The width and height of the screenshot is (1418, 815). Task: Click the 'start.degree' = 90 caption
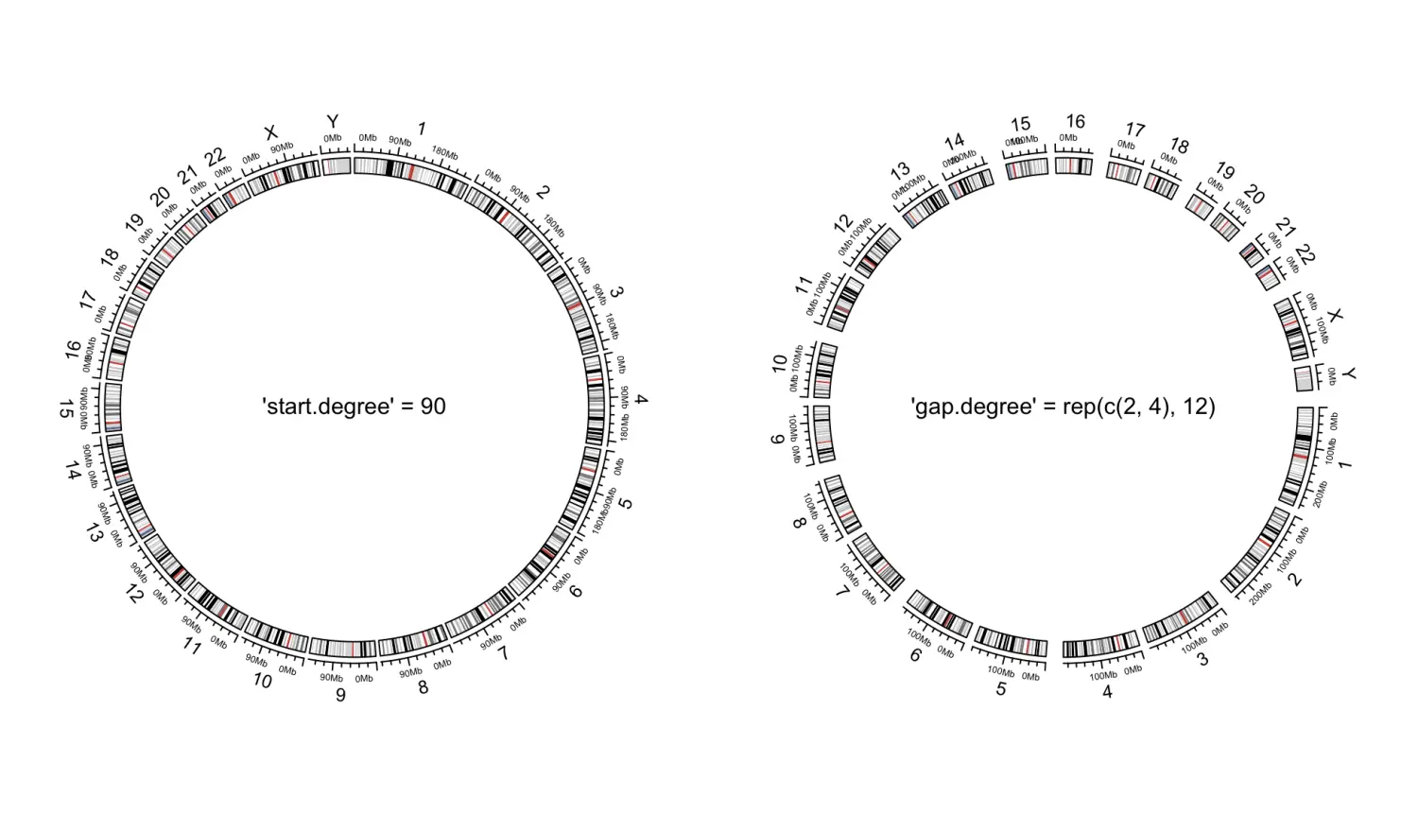(354, 407)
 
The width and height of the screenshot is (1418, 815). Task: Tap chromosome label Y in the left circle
(332, 122)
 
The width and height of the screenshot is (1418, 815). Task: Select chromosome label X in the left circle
(270, 132)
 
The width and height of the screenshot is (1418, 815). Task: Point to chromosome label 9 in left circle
(340, 695)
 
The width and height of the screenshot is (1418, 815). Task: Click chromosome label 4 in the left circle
(641, 401)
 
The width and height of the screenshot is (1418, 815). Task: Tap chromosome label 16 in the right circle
(1075, 122)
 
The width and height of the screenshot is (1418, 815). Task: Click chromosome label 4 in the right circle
(1107, 692)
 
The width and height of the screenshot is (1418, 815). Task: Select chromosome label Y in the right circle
(1349, 375)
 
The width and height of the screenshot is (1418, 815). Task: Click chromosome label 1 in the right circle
(1345, 465)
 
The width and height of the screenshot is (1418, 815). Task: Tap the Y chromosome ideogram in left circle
(337, 166)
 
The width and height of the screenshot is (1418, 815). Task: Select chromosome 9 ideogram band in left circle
(342, 648)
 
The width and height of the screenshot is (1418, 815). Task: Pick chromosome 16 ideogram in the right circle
(1074, 165)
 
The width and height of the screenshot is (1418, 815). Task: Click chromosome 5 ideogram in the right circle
(1011, 643)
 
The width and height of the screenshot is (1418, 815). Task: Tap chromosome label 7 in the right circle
(842, 592)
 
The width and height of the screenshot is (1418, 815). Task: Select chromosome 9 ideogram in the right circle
(821, 435)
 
